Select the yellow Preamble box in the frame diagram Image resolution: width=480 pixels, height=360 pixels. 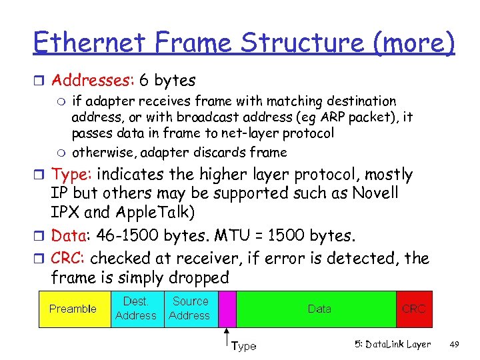click(73, 309)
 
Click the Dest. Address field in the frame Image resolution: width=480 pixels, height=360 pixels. click(136, 309)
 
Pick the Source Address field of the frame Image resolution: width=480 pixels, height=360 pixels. click(190, 309)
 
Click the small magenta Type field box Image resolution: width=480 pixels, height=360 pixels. click(227, 309)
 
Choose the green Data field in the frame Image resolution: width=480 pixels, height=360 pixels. click(319, 309)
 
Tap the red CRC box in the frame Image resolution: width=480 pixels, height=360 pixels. click(413, 309)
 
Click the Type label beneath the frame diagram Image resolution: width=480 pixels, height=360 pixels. click(243, 346)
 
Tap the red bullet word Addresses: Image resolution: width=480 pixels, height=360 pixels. click(93, 81)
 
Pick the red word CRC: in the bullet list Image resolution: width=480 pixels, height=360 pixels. click(69, 258)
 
